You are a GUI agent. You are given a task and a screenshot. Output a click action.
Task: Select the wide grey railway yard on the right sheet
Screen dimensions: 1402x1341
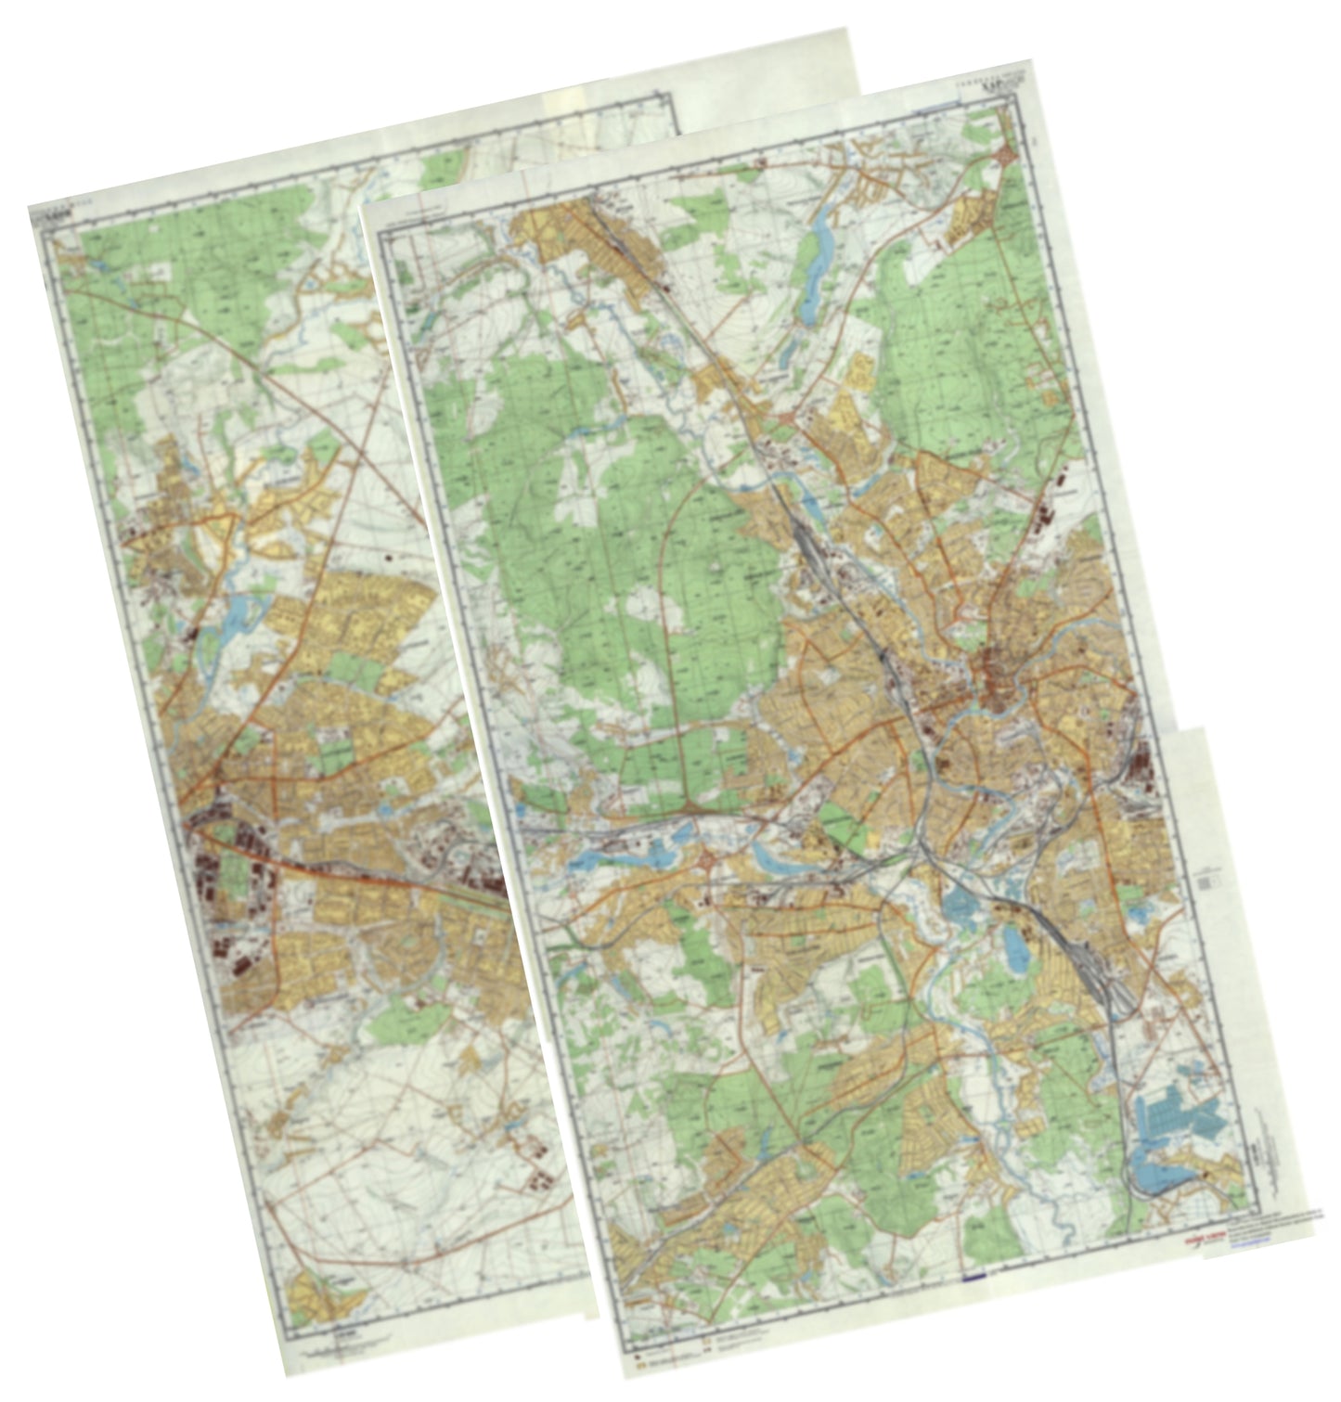1095,965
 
